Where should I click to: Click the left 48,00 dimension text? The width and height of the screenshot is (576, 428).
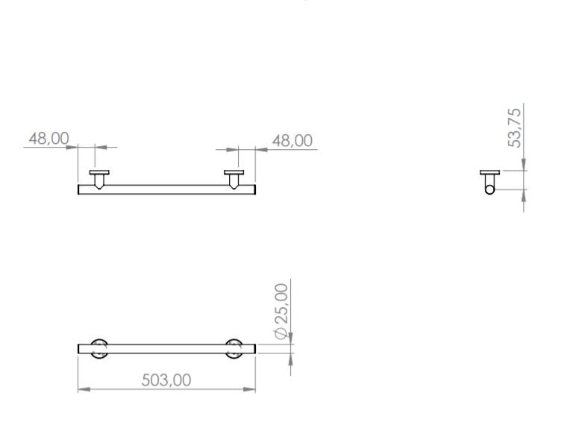coord(48,139)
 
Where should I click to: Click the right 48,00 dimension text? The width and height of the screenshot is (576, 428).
coord(292,141)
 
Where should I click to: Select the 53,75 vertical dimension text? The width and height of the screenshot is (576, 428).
coord(515,128)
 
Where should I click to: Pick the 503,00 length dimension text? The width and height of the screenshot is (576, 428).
coord(166,380)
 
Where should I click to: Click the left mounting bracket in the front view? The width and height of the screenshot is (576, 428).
coord(99,177)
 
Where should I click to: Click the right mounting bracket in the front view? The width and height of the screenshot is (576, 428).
coord(234,177)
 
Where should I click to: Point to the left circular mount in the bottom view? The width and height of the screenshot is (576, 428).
coord(98,348)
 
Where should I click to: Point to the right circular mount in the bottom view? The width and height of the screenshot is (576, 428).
coord(234,348)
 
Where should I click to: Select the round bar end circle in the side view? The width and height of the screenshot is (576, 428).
coord(489,189)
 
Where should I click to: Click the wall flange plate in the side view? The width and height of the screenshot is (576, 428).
coord(489,172)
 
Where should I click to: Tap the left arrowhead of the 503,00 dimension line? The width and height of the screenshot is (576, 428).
coord(83,389)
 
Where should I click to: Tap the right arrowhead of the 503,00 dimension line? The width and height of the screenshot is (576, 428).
coord(251,389)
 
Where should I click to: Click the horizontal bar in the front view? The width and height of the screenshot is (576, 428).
coord(166,189)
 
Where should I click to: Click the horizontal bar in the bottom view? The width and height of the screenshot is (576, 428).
coord(166,348)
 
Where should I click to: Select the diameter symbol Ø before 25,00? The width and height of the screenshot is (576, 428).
coord(281,332)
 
